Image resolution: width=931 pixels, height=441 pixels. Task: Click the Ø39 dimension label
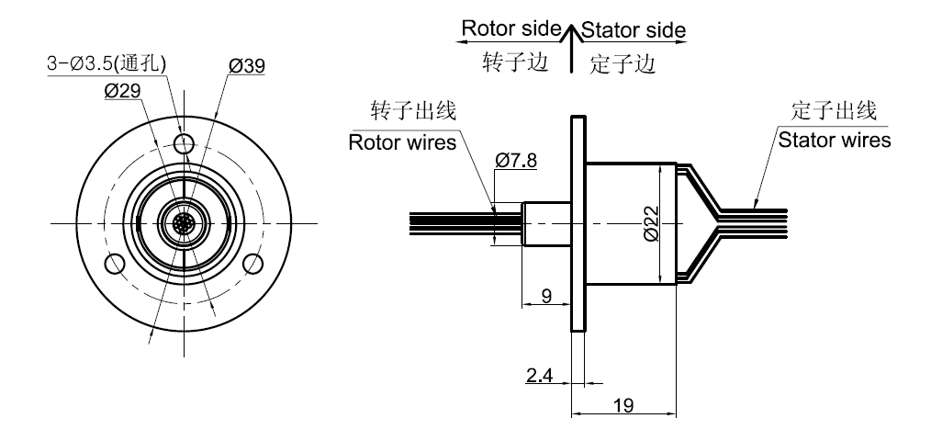click(x=247, y=66)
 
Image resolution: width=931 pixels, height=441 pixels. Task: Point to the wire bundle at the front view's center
click(x=184, y=222)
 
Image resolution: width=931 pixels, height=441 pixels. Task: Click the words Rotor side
click(x=510, y=28)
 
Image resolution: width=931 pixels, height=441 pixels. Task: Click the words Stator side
click(x=633, y=29)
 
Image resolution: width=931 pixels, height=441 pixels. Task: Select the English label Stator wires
click(x=834, y=141)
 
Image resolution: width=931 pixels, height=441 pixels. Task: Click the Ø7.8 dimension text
click(x=516, y=161)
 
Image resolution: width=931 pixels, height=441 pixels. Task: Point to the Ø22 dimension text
click(x=650, y=223)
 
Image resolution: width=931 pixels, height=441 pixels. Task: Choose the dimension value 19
click(x=624, y=405)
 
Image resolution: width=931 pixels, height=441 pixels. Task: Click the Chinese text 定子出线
click(x=834, y=112)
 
